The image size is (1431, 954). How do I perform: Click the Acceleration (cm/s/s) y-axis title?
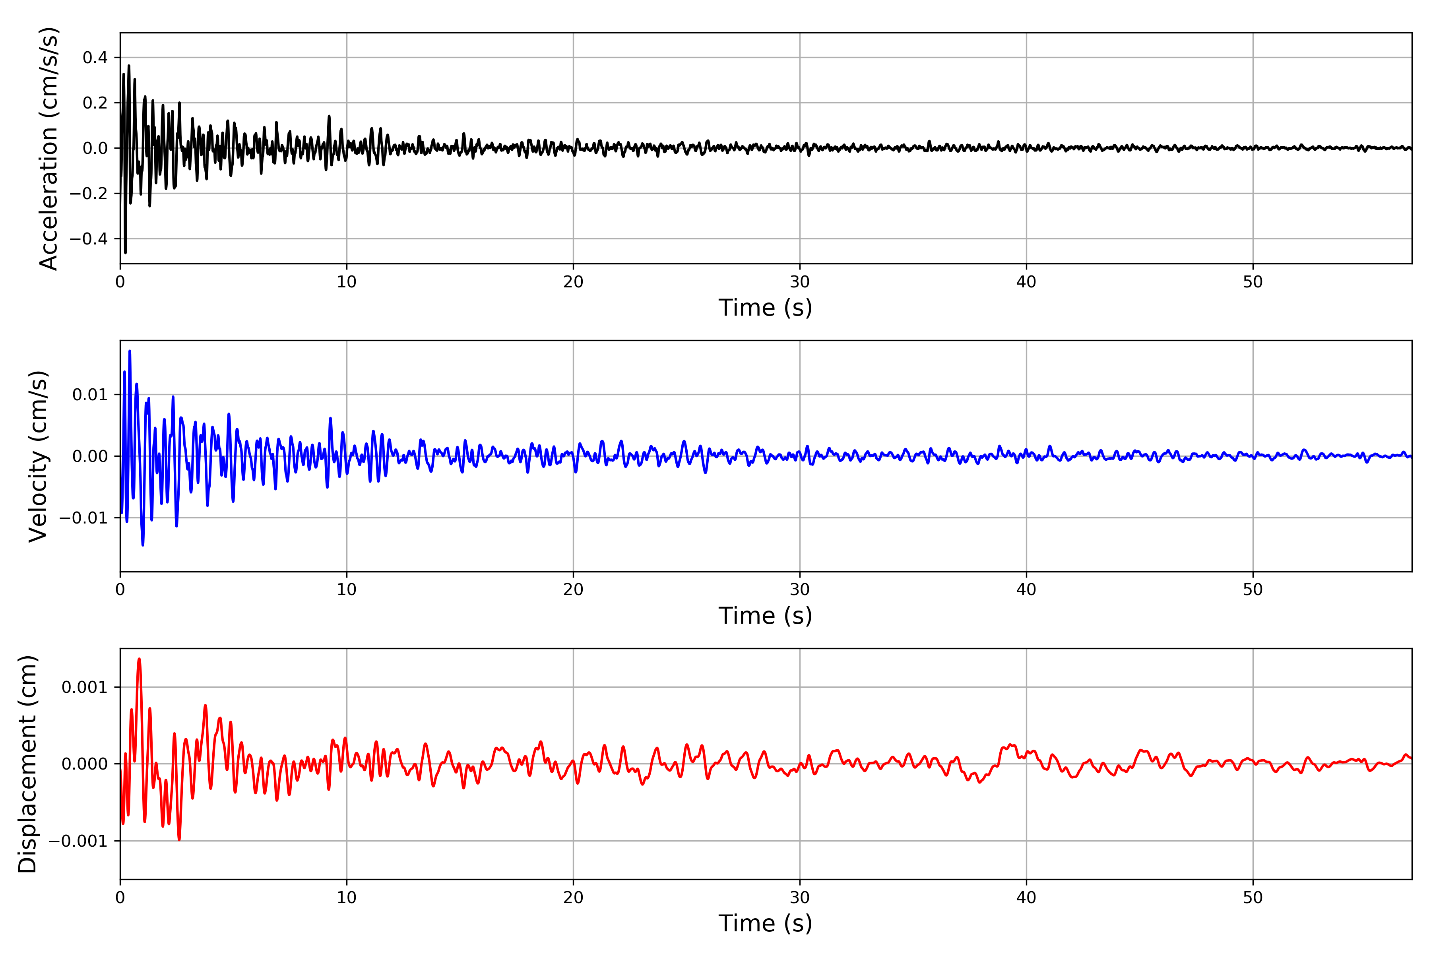48,148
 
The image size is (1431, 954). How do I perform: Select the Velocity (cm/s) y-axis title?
38,456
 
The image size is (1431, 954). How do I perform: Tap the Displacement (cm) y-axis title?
27,764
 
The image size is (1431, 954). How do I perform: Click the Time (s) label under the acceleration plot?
766,308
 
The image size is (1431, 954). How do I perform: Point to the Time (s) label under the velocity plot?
766,616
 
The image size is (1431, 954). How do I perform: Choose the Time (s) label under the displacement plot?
766,923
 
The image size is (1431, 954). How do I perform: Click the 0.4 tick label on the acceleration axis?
95,58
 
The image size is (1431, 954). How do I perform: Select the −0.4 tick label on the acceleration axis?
88,238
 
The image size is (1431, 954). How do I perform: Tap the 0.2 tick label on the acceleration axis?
95,103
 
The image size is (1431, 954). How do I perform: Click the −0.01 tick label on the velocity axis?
83,518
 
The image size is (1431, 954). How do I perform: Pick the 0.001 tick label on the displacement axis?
85,688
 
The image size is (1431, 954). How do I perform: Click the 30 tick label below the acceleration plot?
799,282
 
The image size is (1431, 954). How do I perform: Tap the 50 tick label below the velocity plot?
1253,589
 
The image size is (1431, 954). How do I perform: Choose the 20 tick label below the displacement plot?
573,898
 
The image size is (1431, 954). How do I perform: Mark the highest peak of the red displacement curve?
140,659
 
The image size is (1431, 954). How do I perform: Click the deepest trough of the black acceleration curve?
125,252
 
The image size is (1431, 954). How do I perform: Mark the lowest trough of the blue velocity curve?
143,545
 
